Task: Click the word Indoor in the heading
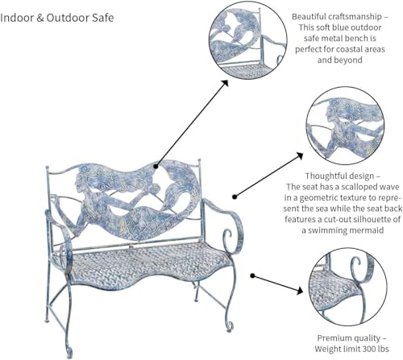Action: (x=16, y=18)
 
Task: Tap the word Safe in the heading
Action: (x=103, y=18)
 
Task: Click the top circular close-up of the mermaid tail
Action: (x=248, y=41)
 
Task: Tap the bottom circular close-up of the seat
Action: (x=347, y=288)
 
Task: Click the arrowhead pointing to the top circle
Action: (x=224, y=84)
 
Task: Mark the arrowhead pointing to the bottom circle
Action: (x=300, y=291)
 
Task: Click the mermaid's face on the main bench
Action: (x=80, y=183)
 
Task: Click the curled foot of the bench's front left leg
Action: (x=69, y=350)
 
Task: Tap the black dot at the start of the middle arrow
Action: (x=235, y=197)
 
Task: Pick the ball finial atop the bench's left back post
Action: (x=48, y=168)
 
